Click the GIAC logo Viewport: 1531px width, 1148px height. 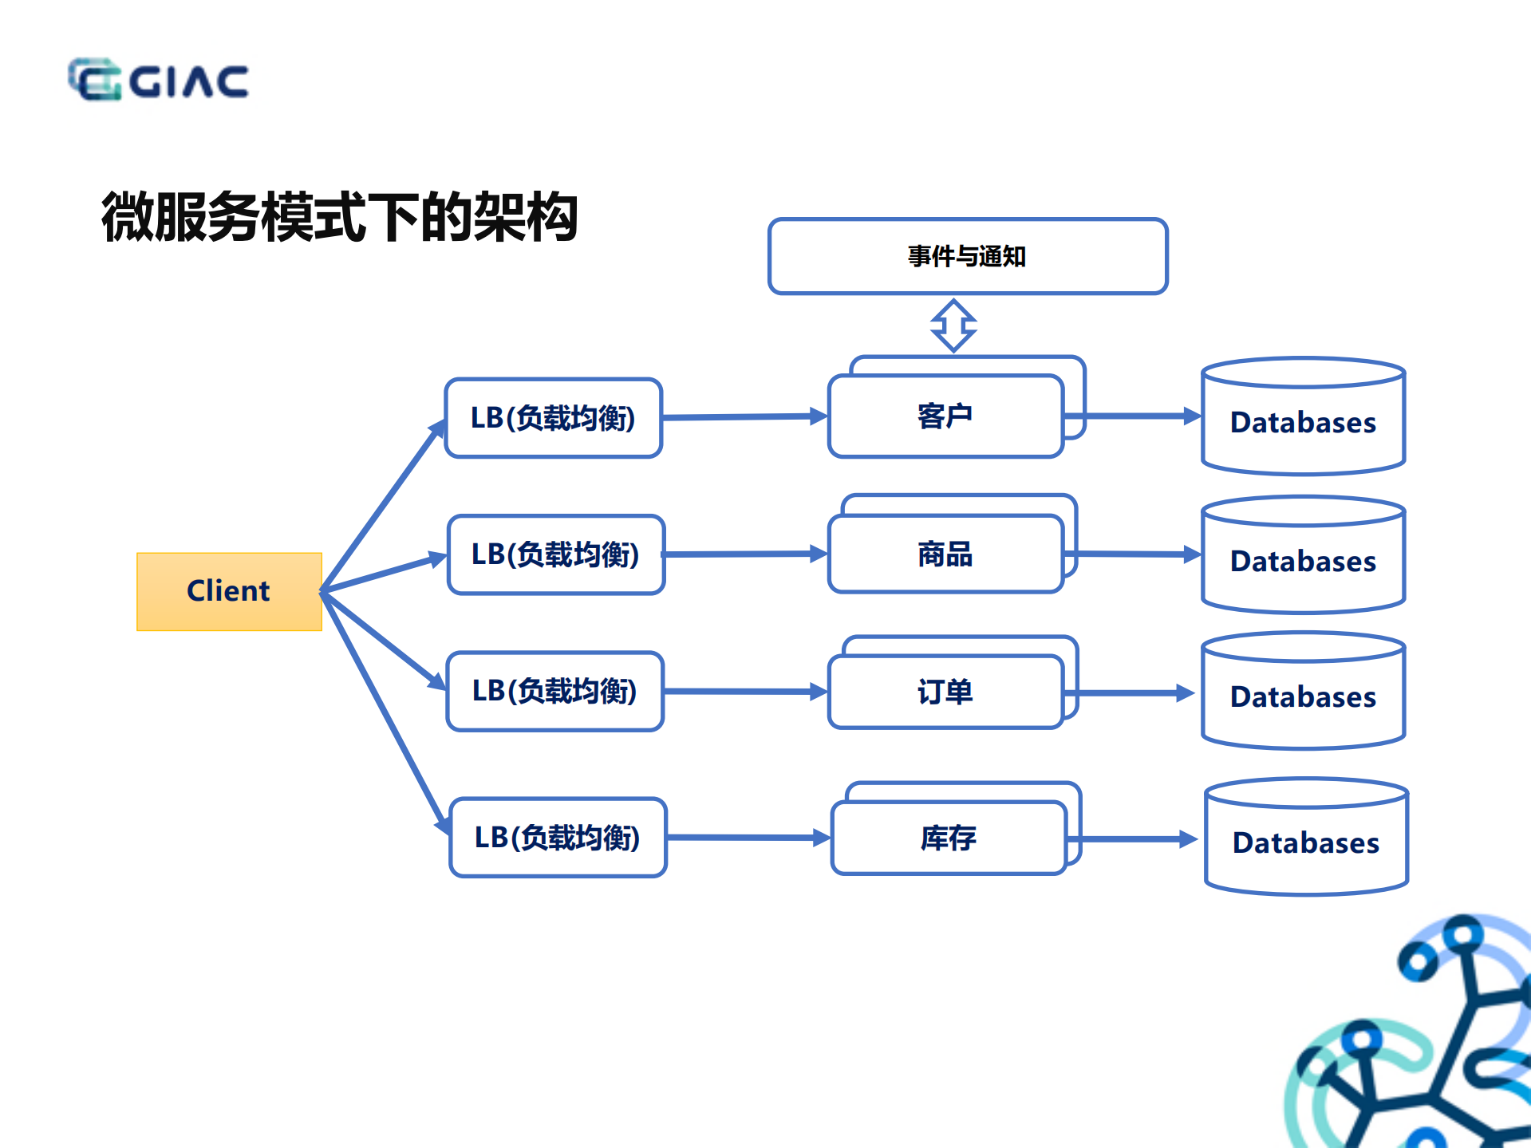158,80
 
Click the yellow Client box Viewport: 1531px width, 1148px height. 229,591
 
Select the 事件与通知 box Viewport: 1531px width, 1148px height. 967,256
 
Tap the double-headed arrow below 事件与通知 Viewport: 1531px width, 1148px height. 953,325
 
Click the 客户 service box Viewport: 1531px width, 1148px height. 945,416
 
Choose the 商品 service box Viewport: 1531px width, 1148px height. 945,554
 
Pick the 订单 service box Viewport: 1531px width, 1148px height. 945,691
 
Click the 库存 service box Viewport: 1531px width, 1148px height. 948,838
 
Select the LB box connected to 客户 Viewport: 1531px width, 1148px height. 553,417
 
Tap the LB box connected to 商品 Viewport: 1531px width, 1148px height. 555,554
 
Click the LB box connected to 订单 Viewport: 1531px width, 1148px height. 554,691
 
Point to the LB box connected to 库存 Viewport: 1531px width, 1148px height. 558,838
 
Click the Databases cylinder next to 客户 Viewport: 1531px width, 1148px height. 1303,421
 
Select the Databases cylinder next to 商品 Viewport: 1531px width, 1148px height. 1303,560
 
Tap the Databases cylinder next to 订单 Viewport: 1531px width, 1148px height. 1303,696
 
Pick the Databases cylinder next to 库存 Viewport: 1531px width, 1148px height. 1306,842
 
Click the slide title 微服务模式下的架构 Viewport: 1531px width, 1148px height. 339,217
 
